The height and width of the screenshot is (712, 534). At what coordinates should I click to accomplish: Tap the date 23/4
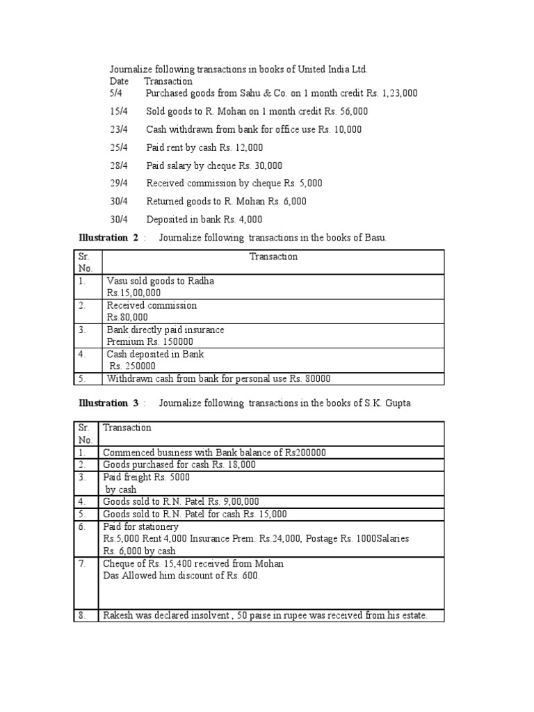point(119,129)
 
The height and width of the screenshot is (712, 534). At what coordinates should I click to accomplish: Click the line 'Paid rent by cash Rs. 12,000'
point(204,147)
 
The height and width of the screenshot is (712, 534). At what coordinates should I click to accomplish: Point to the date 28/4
point(119,165)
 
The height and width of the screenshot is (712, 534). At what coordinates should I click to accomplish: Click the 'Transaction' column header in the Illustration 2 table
point(273,257)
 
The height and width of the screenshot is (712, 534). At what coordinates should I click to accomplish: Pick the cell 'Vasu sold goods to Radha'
point(161,281)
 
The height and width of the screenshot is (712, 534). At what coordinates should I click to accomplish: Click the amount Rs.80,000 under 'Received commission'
point(127,317)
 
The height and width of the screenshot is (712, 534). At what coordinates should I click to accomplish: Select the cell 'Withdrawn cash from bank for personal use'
point(218,379)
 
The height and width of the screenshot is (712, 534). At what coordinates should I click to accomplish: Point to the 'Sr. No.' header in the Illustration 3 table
point(85,434)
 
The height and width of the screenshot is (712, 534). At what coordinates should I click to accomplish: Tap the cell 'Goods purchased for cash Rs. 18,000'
point(179,464)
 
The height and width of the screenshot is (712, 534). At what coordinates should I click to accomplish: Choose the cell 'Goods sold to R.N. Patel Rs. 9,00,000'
point(181,501)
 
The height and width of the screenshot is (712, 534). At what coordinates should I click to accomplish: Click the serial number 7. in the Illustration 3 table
point(83,563)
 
